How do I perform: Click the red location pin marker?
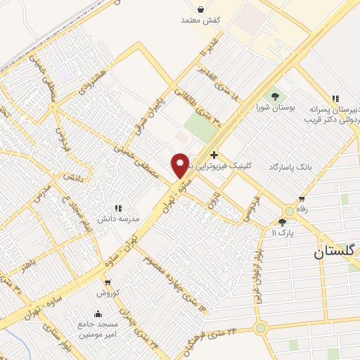tap(180, 165)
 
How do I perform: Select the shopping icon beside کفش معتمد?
tap(202, 10)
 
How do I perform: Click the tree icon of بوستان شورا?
tap(275, 96)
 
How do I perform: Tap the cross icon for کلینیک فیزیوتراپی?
tap(214, 155)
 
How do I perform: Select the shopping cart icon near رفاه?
tap(302, 199)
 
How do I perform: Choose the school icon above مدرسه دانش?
tap(117, 208)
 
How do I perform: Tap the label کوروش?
tap(110, 292)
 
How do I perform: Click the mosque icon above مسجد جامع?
tap(97, 313)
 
